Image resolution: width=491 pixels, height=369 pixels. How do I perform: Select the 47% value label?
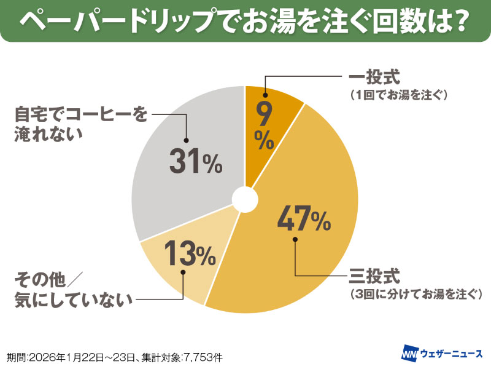click(305, 218)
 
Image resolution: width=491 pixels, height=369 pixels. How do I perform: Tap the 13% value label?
click(188, 253)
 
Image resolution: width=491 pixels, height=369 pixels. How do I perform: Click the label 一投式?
click(374, 79)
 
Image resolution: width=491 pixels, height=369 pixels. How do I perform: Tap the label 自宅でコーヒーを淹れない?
click(80, 125)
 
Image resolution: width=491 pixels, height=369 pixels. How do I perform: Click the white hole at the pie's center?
click(245, 199)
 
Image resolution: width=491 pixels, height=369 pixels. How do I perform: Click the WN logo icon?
click(409, 355)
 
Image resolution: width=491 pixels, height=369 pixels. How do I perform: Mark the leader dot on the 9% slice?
click(265, 95)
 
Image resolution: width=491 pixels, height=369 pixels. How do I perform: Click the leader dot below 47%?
click(295, 239)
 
